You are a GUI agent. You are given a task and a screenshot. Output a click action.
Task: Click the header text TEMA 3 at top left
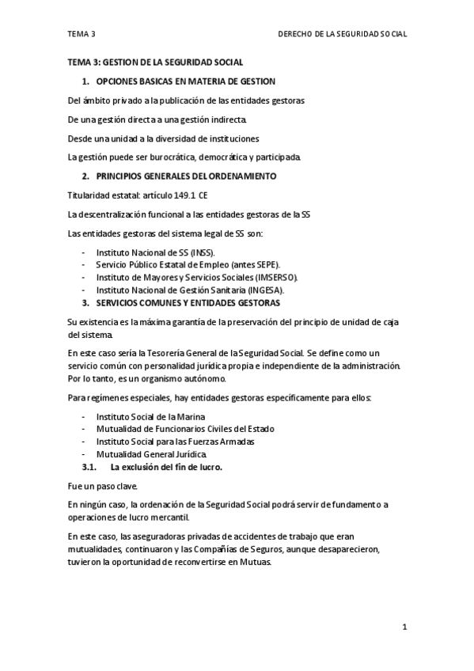coord(81,34)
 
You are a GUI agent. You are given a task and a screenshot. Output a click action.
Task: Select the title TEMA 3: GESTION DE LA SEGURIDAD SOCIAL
coord(155,62)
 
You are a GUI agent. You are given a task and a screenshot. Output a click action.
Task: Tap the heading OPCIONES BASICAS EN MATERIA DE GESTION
coord(185,82)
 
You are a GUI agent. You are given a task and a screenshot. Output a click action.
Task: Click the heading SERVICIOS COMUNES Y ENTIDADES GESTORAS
coord(187,303)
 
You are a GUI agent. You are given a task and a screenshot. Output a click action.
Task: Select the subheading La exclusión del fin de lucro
coord(166,467)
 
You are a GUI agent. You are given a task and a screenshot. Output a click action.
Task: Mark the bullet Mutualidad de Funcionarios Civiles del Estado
coord(184,429)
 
